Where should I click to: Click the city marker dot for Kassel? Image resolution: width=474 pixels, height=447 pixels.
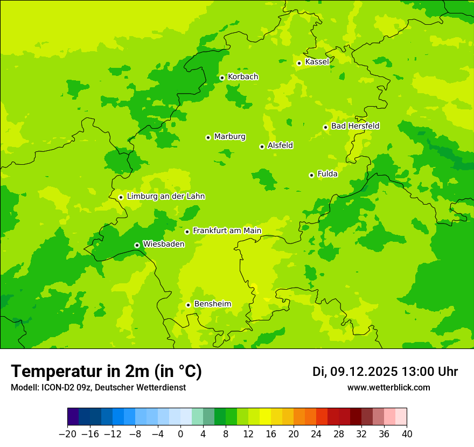[x=299, y=63]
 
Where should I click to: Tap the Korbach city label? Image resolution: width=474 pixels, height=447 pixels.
[x=243, y=77]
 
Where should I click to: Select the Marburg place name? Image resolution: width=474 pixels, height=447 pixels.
[x=229, y=137]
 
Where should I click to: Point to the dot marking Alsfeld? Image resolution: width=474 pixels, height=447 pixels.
[x=262, y=146]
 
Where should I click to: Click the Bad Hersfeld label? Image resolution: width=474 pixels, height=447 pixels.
[x=355, y=126]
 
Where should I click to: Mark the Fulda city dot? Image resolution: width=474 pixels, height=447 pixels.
[x=311, y=175]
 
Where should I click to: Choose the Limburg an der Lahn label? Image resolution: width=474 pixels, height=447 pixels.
[x=165, y=197]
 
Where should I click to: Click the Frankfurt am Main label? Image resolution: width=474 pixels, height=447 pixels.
[x=227, y=231]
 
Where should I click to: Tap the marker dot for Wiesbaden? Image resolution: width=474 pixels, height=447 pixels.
[x=137, y=245]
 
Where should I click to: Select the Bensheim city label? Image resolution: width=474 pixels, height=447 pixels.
[x=212, y=304]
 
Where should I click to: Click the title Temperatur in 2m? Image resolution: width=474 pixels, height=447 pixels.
[x=106, y=372]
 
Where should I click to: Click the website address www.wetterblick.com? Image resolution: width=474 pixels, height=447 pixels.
[x=388, y=388]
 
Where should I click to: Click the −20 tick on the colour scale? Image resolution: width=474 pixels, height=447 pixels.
[x=67, y=434]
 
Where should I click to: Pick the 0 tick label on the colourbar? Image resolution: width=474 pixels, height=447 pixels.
[x=180, y=434]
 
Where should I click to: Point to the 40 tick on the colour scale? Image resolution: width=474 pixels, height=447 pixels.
[x=407, y=434]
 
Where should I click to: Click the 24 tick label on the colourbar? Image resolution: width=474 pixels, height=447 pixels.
[x=316, y=434]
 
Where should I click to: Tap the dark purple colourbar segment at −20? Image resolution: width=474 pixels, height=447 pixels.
[x=73, y=417]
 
